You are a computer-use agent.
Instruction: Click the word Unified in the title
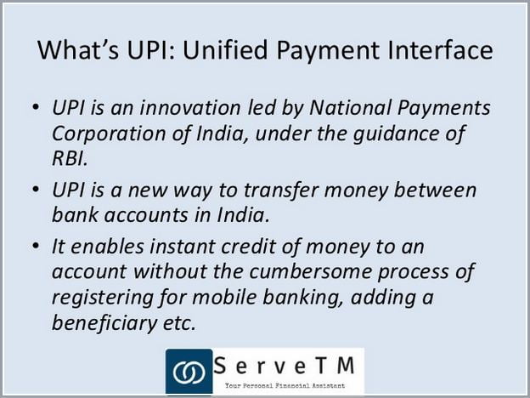225,49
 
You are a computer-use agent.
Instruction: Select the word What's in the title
78,49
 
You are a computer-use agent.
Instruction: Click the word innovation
190,108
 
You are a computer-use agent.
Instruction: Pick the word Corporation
109,134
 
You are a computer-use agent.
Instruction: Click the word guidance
395,134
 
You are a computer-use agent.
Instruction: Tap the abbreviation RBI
70,158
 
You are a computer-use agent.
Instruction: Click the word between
435,190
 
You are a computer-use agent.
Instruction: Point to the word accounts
146,215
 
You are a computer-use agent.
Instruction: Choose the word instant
182,247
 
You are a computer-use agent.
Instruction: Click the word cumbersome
310,271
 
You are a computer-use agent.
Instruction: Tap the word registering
102,298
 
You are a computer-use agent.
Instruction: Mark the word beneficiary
104,323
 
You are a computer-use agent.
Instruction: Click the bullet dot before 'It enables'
36,246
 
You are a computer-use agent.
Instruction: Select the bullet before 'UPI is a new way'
36,189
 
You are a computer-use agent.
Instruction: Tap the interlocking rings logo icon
189,372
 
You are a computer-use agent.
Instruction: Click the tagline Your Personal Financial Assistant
285,385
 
